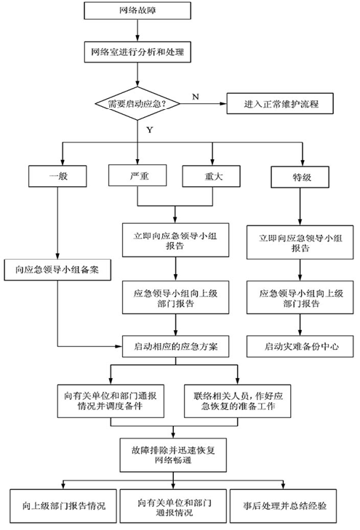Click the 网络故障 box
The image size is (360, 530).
click(x=137, y=10)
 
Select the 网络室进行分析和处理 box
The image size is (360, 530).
click(x=137, y=52)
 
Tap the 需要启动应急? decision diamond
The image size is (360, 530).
click(x=137, y=103)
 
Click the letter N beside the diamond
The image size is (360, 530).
click(x=196, y=97)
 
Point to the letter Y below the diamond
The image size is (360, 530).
click(x=150, y=130)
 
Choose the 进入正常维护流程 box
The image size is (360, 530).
click(x=280, y=103)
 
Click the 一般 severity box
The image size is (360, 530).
click(x=57, y=176)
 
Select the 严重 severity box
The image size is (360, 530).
click(x=137, y=175)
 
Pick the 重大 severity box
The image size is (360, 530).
click(x=212, y=176)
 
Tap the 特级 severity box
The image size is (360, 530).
click(x=300, y=177)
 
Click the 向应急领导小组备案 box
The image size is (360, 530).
click(x=57, y=270)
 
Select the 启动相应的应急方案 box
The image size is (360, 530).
click(x=176, y=347)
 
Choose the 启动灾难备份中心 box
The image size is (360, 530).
click(x=300, y=347)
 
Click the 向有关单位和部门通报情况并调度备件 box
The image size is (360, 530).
click(x=111, y=401)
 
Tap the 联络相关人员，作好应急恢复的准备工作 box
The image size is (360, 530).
click(x=238, y=401)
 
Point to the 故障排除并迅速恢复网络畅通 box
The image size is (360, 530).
click(x=173, y=455)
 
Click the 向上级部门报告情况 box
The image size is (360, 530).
click(x=63, y=506)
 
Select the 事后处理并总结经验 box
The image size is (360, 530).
click(x=283, y=506)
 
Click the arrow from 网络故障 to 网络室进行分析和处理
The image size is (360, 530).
click(x=137, y=31)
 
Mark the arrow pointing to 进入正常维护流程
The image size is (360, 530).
click(x=203, y=103)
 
